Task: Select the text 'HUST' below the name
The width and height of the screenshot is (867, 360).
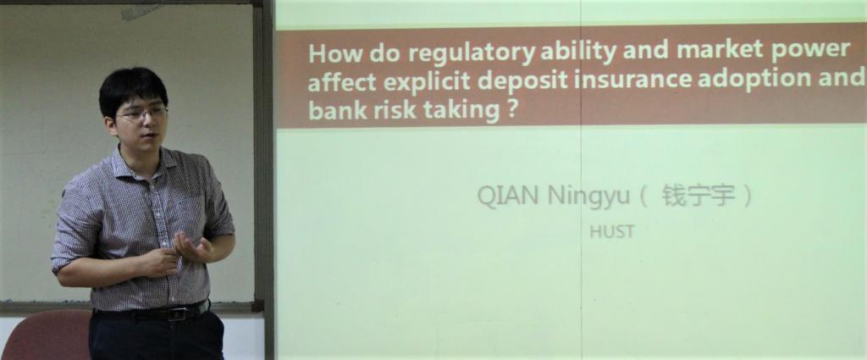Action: click(611, 232)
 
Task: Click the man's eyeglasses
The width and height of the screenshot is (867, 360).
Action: click(141, 113)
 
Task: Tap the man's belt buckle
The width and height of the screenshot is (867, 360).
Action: click(176, 314)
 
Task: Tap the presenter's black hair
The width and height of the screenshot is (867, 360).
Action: click(133, 88)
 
